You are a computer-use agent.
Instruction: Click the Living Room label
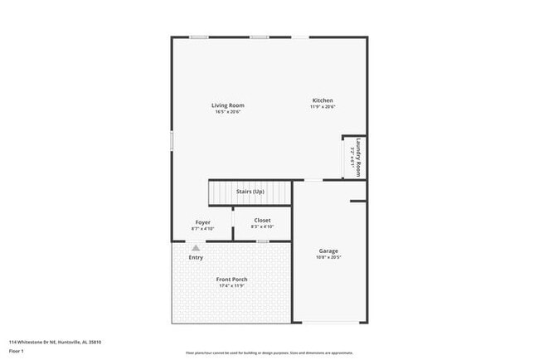coord(227,105)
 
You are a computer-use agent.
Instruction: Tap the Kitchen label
coord(322,100)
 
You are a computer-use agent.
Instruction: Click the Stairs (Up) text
coord(250,192)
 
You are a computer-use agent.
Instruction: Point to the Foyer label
coord(202,221)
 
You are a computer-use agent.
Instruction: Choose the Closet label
coord(262,220)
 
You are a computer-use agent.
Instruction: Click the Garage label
coord(328,251)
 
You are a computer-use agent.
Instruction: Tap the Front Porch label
coord(232,280)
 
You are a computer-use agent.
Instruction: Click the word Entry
coord(196,257)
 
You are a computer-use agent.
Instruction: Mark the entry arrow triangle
coord(196,247)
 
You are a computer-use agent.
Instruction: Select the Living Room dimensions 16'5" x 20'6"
coord(227,112)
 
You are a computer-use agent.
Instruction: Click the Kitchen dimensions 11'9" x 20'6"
coord(322,107)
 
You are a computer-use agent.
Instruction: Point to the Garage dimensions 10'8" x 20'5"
coord(328,257)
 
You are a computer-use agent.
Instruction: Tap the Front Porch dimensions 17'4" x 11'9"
coord(232,286)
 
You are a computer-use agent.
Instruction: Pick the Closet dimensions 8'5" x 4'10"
coord(262,226)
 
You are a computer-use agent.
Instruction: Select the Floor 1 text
coord(17,351)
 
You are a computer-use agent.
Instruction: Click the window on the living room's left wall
coord(172,140)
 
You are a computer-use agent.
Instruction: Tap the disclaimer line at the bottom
coord(269,352)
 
